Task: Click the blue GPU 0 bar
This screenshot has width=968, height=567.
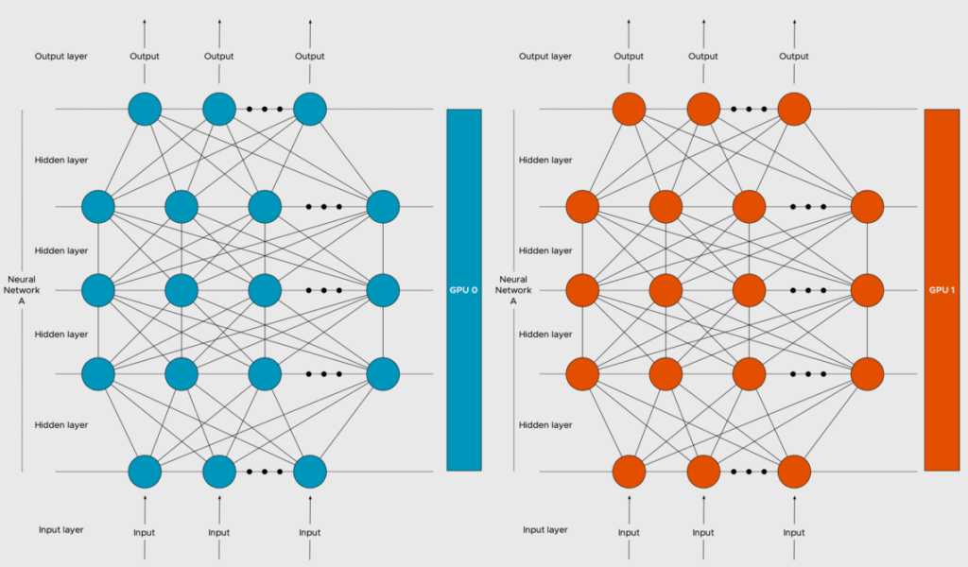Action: [x=464, y=289]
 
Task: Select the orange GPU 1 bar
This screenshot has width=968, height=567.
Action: [x=942, y=289]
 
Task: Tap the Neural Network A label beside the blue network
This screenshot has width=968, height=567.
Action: [x=22, y=289]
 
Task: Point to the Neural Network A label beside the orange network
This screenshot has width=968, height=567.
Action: [x=512, y=289]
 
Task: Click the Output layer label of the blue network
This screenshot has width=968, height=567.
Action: [x=61, y=57]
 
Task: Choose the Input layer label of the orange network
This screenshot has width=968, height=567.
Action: [x=545, y=530]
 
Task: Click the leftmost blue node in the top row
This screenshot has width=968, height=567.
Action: [x=145, y=109]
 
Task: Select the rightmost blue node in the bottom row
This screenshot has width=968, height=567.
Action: [x=310, y=471]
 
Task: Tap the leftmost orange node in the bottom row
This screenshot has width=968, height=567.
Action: [x=629, y=471]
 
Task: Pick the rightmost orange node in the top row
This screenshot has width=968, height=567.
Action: [x=794, y=109]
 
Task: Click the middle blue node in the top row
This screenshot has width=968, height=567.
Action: [x=219, y=109]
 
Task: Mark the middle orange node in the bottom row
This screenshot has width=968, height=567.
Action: [x=703, y=471]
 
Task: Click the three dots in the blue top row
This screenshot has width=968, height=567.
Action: [x=265, y=109]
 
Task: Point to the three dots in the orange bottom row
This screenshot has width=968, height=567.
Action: [x=749, y=471]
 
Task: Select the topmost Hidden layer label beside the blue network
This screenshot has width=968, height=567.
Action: [x=61, y=161]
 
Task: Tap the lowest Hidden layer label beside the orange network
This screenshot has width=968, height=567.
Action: [x=545, y=425]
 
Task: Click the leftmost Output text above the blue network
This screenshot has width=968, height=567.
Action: [x=145, y=57]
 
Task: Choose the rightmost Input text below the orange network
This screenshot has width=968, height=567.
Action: [x=794, y=533]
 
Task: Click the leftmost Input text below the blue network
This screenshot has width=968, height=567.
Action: [x=145, y=533]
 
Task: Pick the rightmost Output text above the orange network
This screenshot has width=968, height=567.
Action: [x=794, y=57]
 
